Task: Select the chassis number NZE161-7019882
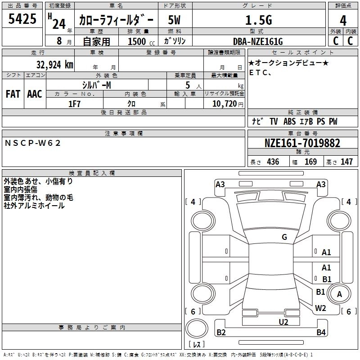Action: click(x=302, y=144)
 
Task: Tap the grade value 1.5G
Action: click(x=258, y=20)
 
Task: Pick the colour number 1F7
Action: click(x=74, y=103)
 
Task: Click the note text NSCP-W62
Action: click(x=32, y=143)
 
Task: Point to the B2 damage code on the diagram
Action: click(x=221, y=333)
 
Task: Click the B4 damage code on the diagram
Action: click(x=321, y=333)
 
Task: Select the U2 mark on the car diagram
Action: click(x=283, y=322)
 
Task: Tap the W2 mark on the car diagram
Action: click(x=320, y=308)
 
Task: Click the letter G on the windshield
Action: click(x=284, y=237)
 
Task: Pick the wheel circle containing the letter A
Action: click(x=339, y=294)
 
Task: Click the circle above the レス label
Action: click(x=197, y=328)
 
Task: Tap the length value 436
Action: click(x=273, y=162)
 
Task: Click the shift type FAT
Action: click(x=13, y=94)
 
